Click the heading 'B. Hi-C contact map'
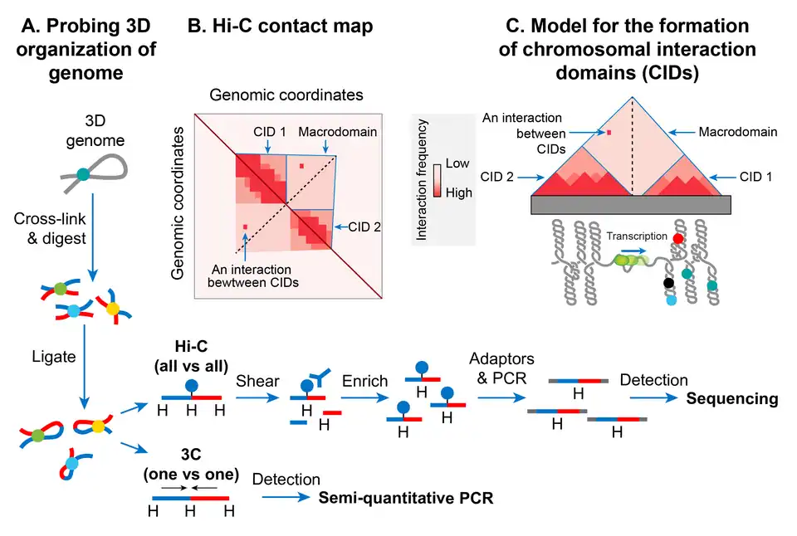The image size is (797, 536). [280, 27]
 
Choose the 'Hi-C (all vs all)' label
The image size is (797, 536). [191, 355]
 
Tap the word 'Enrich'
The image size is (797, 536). [365, 381]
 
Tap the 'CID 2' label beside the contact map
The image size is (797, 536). [359, 224]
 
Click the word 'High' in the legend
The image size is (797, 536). [458, 192]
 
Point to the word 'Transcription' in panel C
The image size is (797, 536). [637, 236]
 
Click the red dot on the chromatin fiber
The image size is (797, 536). [679, 239]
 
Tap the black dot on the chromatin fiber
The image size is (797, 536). [668, 283]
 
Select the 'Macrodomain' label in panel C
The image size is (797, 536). [738, 131]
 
